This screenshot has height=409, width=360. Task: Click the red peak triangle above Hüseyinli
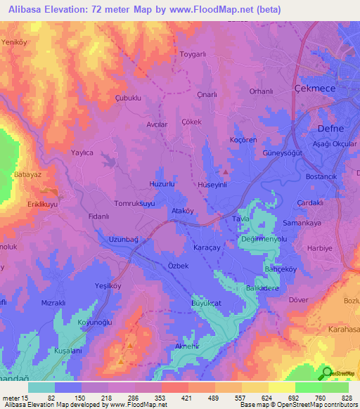225,171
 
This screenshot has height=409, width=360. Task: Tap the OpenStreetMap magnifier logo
328,373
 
